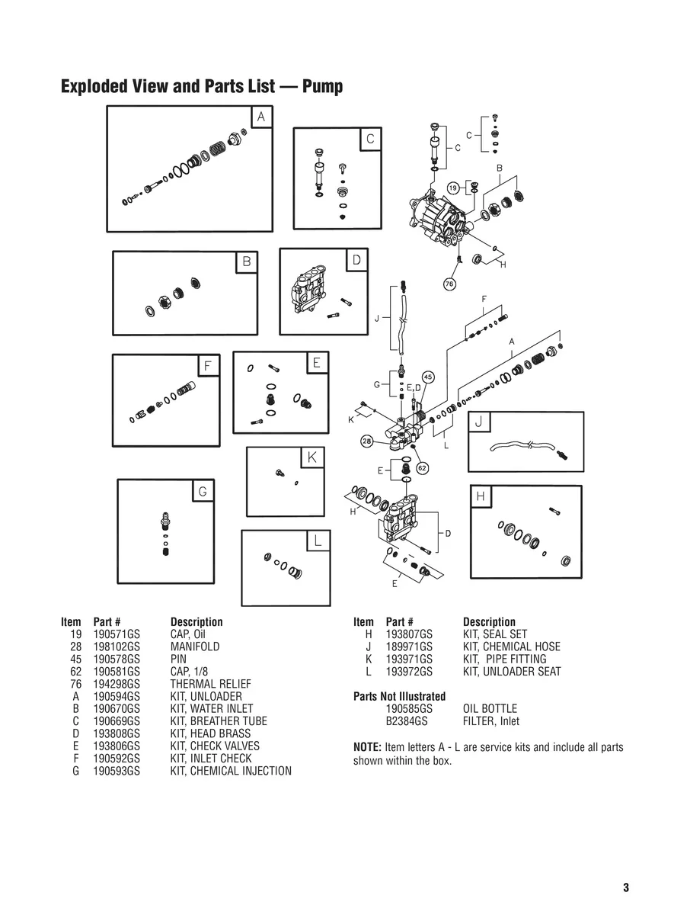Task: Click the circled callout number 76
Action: [449, 284]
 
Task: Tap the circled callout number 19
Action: [453, 188]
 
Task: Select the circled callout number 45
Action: [428, 377]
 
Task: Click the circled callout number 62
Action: [422, 467]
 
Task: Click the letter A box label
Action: [261, 117]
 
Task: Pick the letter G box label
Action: [203, 492]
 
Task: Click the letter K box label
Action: [312, 457]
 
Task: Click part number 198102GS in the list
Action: [117, 647]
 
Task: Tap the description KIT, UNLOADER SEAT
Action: [512, 672]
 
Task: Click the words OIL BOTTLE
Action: [490, 709]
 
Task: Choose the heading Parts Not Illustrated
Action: [399, 696]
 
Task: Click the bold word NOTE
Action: [367, 747]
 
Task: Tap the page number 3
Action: [626, 887]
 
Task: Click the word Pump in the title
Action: [322, 86]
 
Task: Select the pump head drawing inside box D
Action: [307, 294]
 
